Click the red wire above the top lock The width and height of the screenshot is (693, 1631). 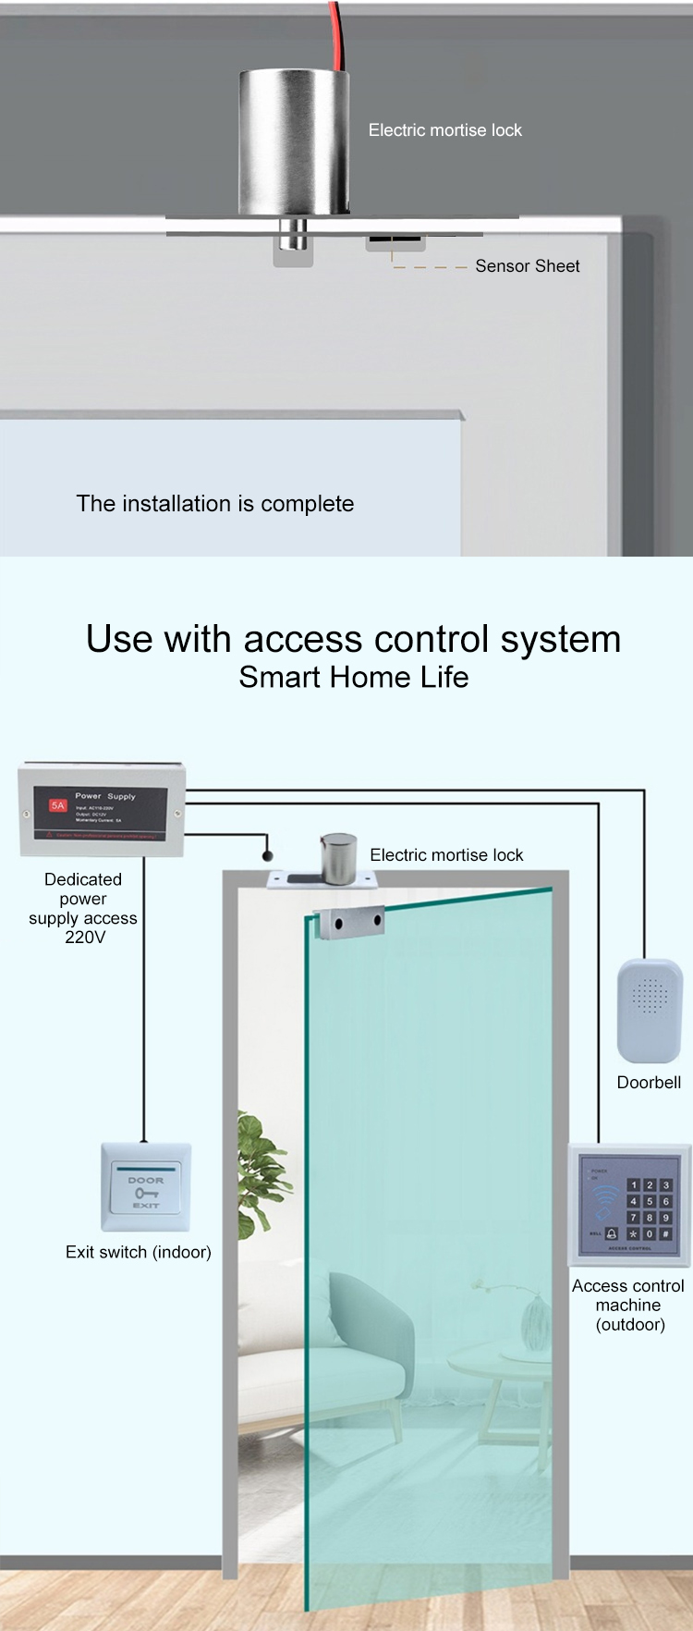[x=336, y=32]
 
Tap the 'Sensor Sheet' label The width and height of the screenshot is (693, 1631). [x=527, y=266]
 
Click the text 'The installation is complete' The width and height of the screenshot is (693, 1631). [x=215, y=504]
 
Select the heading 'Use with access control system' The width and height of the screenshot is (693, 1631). [x=353, y=639]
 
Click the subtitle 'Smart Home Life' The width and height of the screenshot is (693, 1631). [x=353, y=678]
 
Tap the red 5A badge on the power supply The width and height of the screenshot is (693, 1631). [x=58, y=805]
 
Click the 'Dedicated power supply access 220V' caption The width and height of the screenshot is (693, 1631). [x=83, y=908]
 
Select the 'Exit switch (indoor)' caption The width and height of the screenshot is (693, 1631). [x=139, y=1252]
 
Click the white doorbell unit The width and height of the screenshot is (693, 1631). [x=649, y=1010]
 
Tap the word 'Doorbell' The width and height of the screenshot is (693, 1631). [x=649, y=1083]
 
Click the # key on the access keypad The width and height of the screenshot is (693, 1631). [x=665, y=1233]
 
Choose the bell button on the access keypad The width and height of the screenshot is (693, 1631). [x=612, y=1233]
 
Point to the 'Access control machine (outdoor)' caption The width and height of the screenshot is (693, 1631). [x=628, y=1305]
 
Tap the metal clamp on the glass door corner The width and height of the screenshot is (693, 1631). [x=347, y=922]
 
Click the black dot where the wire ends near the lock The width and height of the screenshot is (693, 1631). [x=268, y=856]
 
